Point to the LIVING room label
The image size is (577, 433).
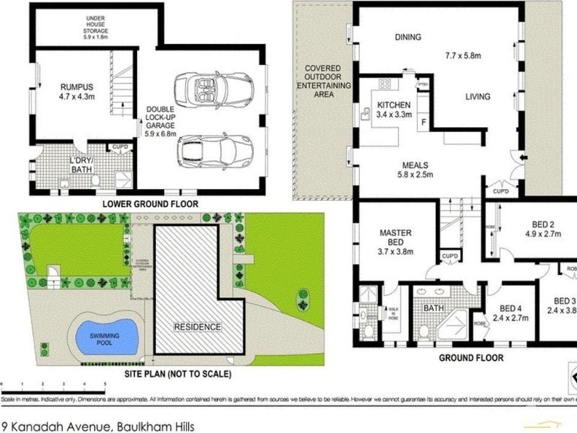click(477, 97)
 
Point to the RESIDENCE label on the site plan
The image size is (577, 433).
click(196, 327)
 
